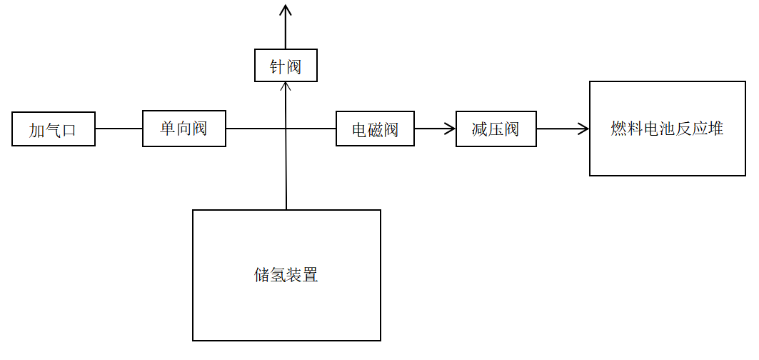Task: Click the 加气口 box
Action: pos(54,129)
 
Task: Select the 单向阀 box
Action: pos(184,129)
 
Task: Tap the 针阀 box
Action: pos(286,65)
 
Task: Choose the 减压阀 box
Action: pos(496,129)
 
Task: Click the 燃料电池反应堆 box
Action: pos(667,129)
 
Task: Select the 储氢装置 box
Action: pos(286,275)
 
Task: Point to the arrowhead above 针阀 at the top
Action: pos(286,9)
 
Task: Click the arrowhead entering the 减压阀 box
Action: pos(451,129)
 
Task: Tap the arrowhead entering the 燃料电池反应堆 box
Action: pos(584,129)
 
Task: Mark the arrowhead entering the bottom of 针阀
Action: pos(286,86)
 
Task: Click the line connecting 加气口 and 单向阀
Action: pos(119,129)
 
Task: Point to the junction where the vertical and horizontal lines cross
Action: pos(286,129)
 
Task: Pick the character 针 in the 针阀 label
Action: pos(277,67)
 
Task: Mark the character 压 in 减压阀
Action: pos(496,130)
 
